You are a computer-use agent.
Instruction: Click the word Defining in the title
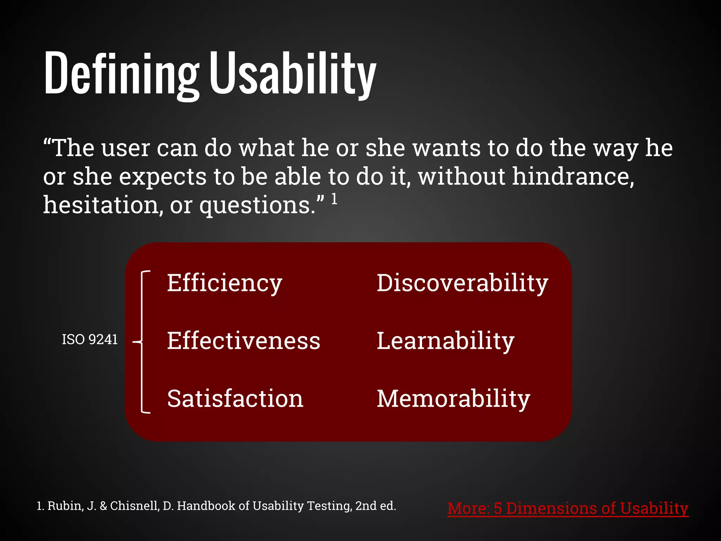pyautogui.click(x=121, y=74)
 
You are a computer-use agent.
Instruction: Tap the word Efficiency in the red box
pyautogui.click(x=224, y=283)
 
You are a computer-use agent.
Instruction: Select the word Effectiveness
pyautogui.click(x=243, y=341)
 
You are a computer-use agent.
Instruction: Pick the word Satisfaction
pyautogui.click(x=235, y=399)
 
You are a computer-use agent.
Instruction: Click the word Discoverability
pyautogui.click(x=462, y=283)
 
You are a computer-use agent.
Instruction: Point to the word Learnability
pyautogui.click(x=445, y=341)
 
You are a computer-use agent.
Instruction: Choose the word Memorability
pyautogui.click(x=453, y=399)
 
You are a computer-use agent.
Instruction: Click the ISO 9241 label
pyautogui.click(x=90, y=340)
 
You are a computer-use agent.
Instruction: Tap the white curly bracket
pyautogui.click(x=142, y=341)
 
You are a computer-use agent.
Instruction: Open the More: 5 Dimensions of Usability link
pyautogui.click(x=568, y=508)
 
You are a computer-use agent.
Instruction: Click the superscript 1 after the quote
pyautogui.click(x=334, y=199)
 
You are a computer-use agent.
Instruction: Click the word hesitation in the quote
pyautogui.click(x=100, y=205)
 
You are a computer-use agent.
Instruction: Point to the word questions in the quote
pyautogui.click(x=257, y=206)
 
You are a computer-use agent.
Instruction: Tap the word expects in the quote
pyautogui.click(x=163, y=177)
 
